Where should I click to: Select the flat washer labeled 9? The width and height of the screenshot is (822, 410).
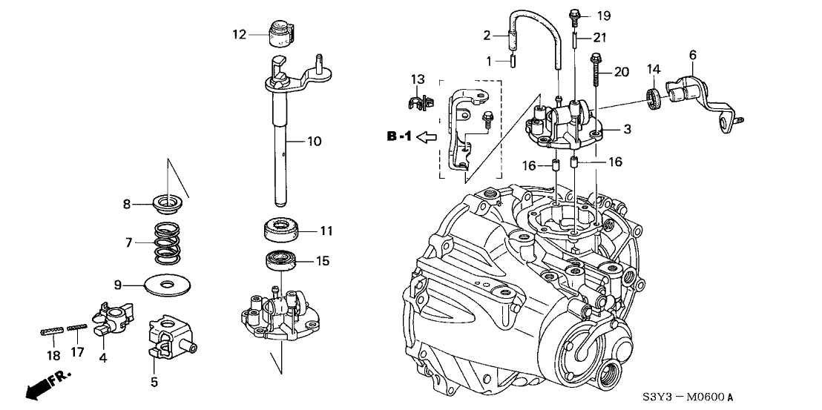coord(162,285)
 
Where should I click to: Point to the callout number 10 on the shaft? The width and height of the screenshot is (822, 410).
coord(315,140)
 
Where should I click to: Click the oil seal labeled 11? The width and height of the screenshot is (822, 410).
coord(283,228)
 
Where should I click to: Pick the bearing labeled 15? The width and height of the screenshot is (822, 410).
coord(283,261)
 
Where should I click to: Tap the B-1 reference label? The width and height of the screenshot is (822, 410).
coord(399,136)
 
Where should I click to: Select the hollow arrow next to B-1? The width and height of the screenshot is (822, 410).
coord(429,137)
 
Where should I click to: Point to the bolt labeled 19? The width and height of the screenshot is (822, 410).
coord(576,14)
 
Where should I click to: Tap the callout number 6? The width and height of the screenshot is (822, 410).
coord(693,55)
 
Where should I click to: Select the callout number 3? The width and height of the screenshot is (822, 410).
coord(627,130)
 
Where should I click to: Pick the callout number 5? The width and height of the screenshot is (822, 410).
coord(154,383)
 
